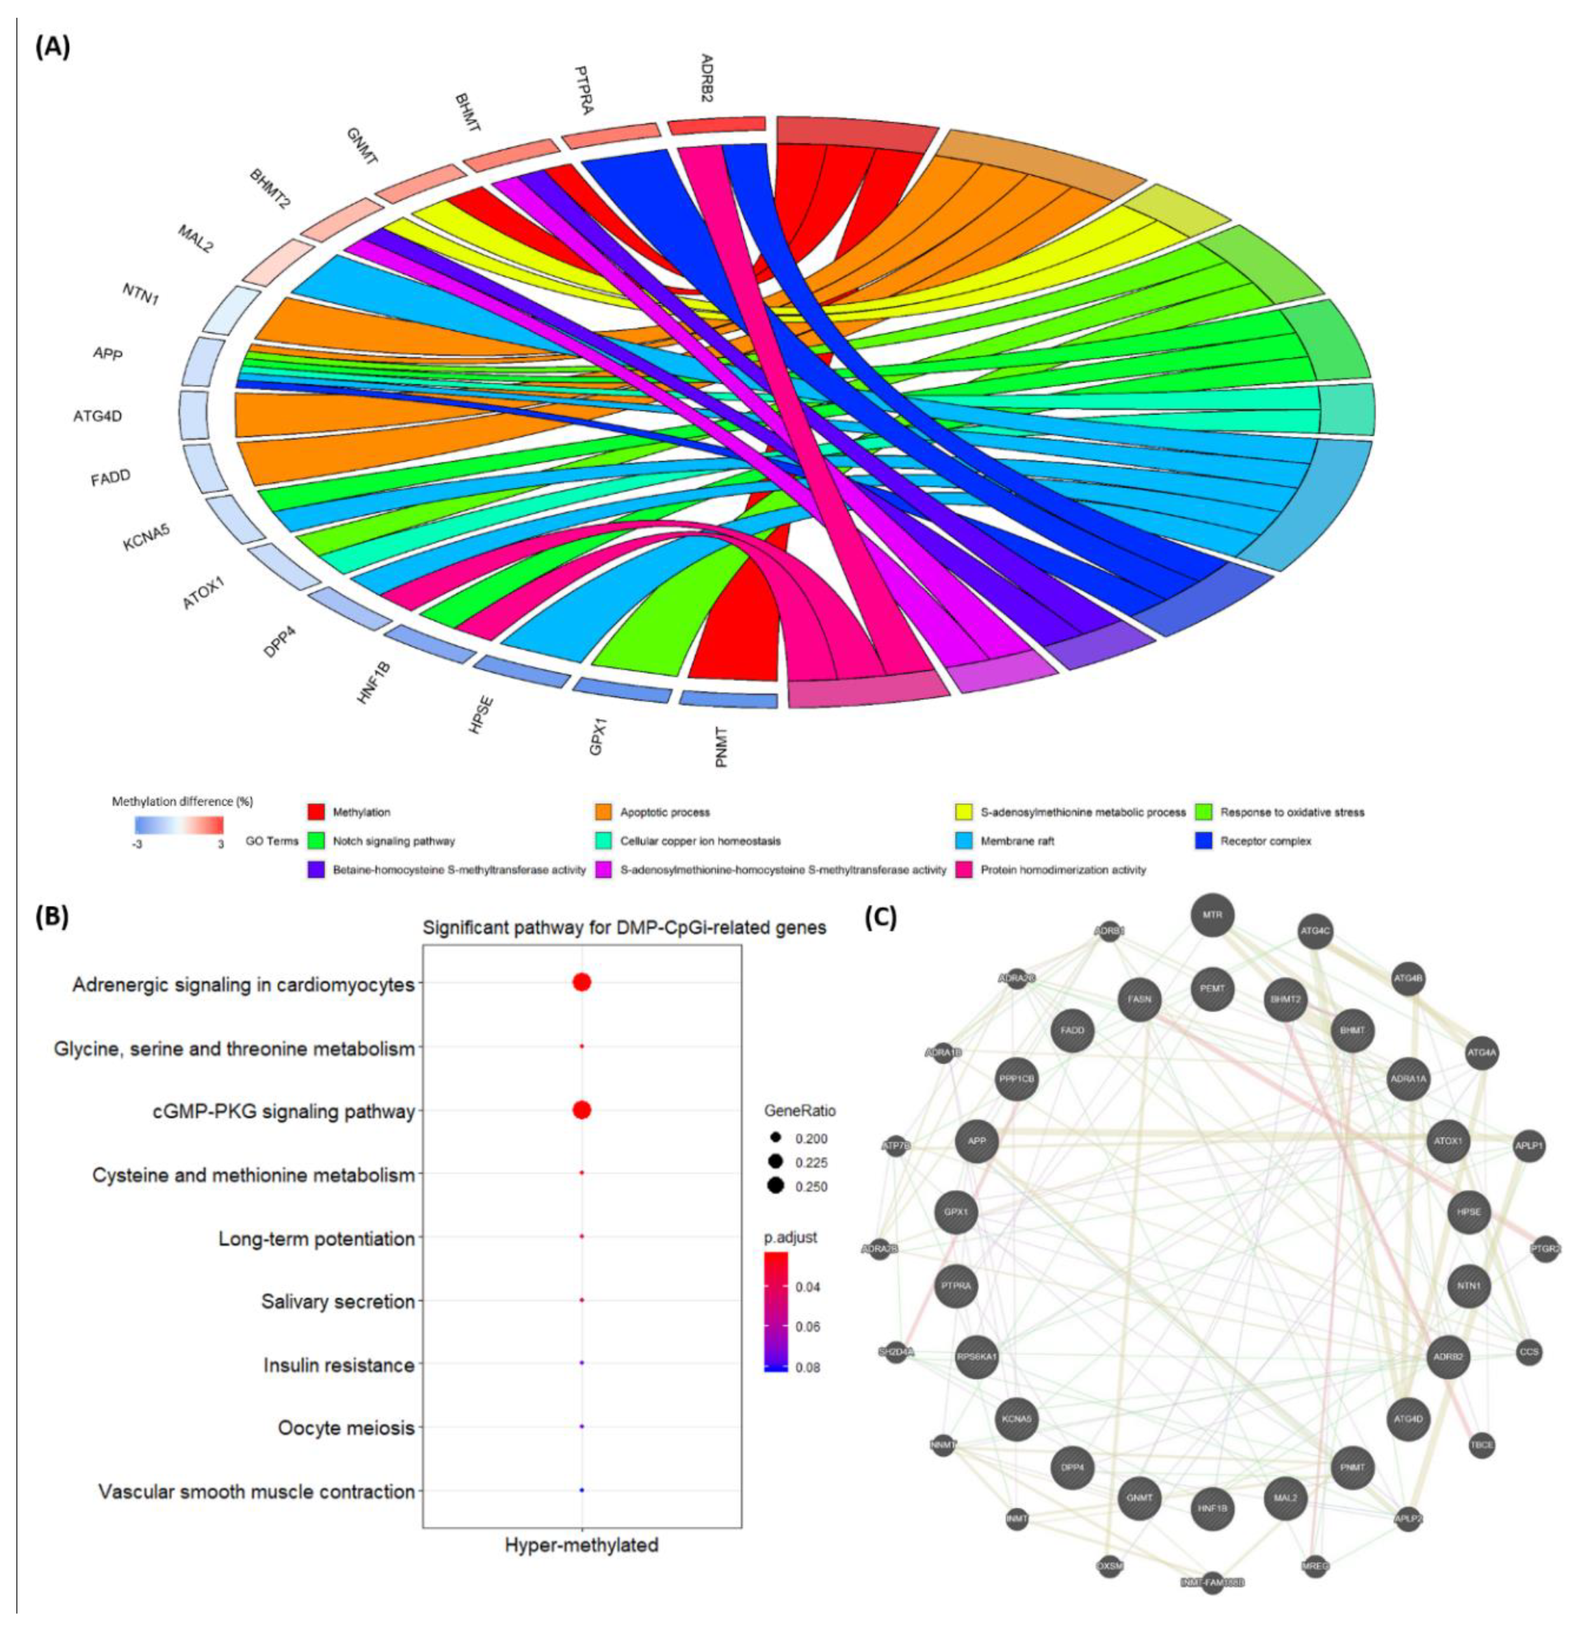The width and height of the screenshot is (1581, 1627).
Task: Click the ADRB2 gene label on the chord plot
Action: point(707,78)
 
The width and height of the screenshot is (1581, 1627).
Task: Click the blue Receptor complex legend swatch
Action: point(1205,841)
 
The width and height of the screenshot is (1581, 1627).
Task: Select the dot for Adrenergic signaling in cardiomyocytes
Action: point(582,983)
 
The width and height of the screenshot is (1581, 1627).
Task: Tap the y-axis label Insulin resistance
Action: point(339,1365)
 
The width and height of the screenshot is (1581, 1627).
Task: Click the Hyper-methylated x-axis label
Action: point(582,1545)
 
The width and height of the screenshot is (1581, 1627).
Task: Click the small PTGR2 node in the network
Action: point(1545,1248)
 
